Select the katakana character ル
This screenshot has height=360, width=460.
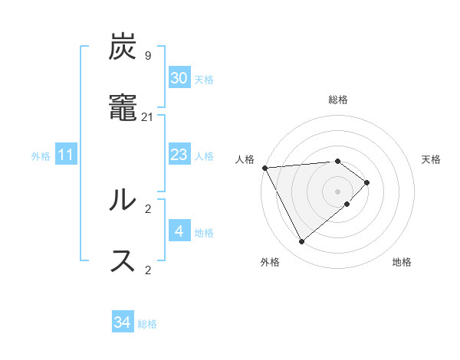click(x=123, y=200)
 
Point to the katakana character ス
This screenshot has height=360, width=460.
click(x=123, y=260)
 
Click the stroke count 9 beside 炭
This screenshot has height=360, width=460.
click(x=147, y=56)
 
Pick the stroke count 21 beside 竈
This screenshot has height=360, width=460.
click(x=148, y=116)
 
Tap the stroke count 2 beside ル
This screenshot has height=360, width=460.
click(x=148, y=208)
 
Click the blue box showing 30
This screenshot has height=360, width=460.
click(x=179, y=78)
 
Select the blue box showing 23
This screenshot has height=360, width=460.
click(x=179, y=155)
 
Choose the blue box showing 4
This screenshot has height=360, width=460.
click(x=179, y=231)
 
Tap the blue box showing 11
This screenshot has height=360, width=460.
click(x=66, y=155)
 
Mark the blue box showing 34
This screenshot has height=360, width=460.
click(x=123, y=322)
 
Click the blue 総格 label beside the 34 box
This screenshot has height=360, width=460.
click(x=147, y=324)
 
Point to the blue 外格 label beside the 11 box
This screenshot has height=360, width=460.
click(x=41, y=156)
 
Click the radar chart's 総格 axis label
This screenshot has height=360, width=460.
click(x=338, y=100)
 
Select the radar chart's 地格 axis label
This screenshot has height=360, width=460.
click(x=402, y=262)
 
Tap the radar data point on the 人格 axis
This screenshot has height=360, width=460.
click(x=264, y=168)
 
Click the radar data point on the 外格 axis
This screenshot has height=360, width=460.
click(x=301, y=242)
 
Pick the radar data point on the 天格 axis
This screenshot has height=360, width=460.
click(x=367, y=182)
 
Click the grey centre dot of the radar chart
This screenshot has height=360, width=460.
click(x=338, y=191)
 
